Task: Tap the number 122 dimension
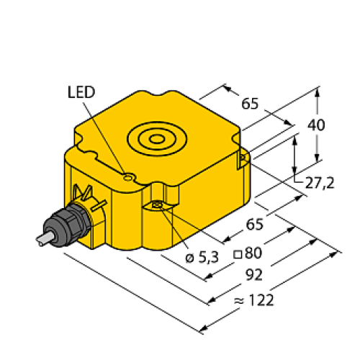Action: coord(261,300)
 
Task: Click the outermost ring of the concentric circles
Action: coord(132,137)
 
